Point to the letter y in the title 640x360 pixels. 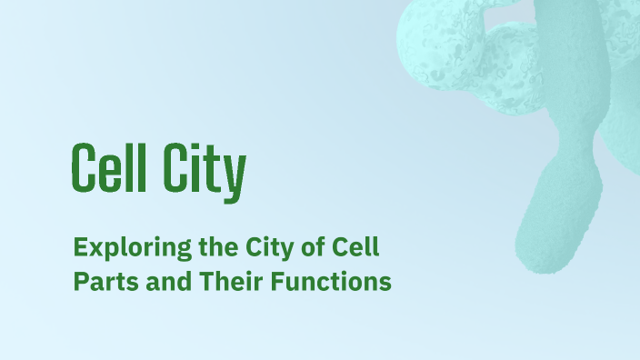pos(235,175)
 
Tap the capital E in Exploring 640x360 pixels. pos(80,246)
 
